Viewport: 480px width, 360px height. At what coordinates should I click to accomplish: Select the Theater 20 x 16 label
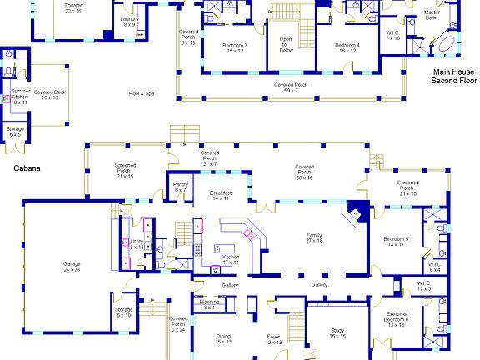(73, 8)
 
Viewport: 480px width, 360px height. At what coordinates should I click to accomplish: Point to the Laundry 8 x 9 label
(129, 21)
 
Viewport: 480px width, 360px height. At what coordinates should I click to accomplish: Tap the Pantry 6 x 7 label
(180, 187)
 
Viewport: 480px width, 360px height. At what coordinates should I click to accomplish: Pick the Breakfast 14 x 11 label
(221, 196)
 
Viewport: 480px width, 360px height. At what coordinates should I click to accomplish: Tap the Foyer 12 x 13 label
(274, 339)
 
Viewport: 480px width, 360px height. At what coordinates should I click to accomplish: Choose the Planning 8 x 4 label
(209, 304)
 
